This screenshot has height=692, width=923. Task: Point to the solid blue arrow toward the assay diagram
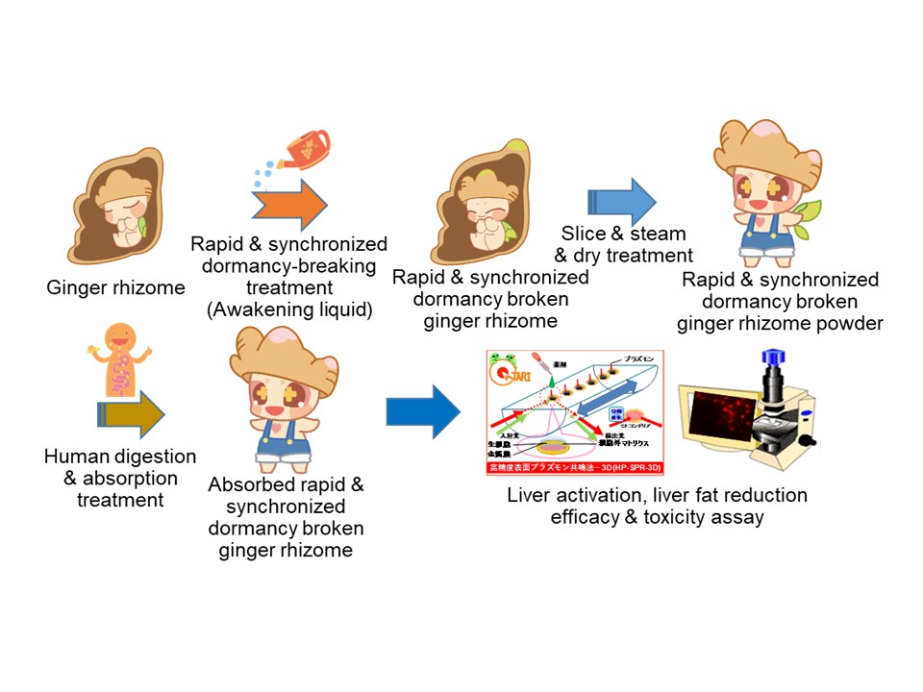[x=422, y=411]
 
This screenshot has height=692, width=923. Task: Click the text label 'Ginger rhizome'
[x=115, y=286]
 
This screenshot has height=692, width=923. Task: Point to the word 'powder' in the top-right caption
[x=847, y=323]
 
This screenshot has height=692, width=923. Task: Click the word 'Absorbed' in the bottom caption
[x=252, y=485]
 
